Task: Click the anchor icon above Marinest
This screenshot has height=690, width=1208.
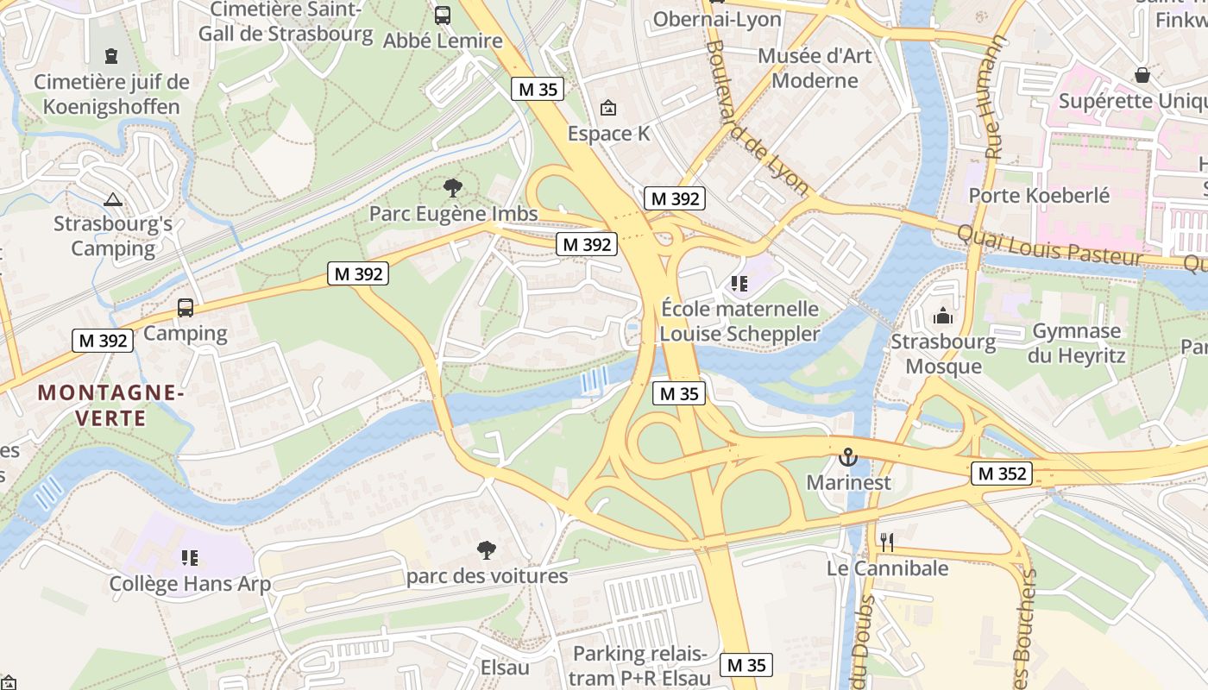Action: tap(848, 456)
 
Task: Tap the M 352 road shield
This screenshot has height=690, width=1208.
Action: tap(1002, 473)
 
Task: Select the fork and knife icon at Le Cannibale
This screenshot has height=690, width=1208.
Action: tap(887, 542)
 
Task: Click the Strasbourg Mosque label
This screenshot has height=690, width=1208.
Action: tap(943, 354)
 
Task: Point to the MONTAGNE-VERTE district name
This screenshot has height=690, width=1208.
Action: tap(110, 405)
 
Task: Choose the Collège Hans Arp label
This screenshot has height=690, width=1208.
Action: tap(190, 584)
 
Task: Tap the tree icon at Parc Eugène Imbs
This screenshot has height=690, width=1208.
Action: tap(452, 187)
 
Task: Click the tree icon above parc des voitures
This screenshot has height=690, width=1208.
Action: tap(487, 549)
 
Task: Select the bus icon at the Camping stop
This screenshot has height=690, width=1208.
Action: tap(186, 308)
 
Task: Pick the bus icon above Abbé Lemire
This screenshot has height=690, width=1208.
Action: tap(443, 15)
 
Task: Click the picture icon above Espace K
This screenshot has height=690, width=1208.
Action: tap(608, 108)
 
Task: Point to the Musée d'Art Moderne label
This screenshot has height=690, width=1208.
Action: tap(815, 68)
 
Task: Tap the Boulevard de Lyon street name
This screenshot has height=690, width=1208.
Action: tap(758, 117)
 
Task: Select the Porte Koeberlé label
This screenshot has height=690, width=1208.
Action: tap(1039, 195)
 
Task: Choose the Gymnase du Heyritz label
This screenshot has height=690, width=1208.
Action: tap(1076, 343)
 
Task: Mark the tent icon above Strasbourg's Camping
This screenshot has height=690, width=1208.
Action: tap(113, 199)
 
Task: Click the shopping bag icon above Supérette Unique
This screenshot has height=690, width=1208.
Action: tap(1142, 75)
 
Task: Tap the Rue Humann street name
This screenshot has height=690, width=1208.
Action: tap(991, 97)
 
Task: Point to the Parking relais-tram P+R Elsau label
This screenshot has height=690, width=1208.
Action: tap(641, 665)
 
